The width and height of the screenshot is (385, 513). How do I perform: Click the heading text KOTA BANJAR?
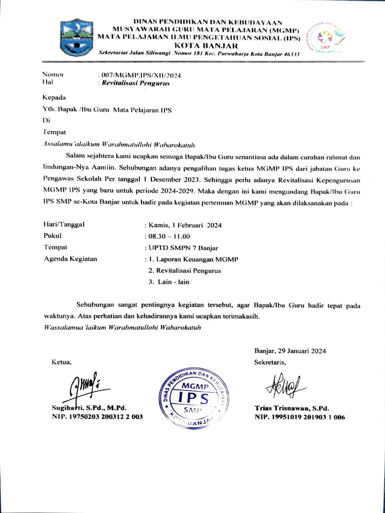[200, 46]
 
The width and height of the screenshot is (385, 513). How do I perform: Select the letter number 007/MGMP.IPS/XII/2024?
[141, 75]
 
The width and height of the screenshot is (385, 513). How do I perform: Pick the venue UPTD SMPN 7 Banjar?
[180, 248]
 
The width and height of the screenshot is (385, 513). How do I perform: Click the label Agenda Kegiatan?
[71, 259]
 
